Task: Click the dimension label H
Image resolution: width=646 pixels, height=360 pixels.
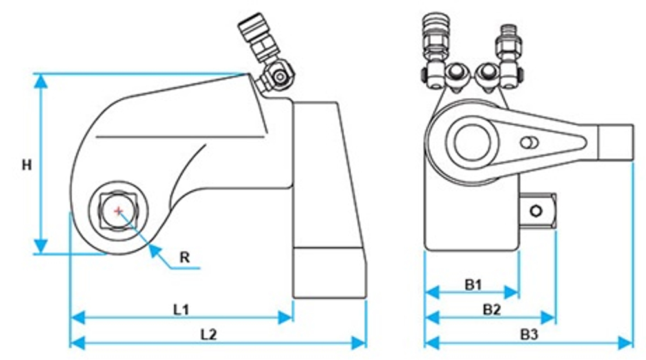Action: tap(26, 165)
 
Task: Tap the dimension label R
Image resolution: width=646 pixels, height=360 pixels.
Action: tap(185, 258)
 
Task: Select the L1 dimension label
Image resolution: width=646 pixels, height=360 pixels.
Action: tap(181, 310)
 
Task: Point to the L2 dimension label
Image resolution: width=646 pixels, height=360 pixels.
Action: tap(209, 334)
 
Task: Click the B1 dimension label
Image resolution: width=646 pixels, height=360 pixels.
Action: tap(473, 284)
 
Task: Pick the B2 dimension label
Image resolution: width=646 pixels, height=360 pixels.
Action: tap(492, 310)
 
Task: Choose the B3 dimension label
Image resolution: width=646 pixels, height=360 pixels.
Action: tap(529, 334)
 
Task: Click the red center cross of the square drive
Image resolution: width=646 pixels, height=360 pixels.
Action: tap(119, 211)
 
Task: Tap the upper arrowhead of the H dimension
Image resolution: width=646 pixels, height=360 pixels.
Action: tap(40, 81)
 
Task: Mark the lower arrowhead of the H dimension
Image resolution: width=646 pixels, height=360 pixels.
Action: tap(40, 246)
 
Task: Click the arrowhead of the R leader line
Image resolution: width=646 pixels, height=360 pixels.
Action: tap(154, 249)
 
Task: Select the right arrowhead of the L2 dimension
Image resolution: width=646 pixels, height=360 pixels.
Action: tap(359, 343)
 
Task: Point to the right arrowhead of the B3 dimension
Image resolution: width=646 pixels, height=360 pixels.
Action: tap(625, 343)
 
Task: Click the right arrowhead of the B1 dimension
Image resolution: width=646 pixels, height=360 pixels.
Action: tap(511, 292)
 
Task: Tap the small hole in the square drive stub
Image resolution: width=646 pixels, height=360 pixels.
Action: tap(536, 211)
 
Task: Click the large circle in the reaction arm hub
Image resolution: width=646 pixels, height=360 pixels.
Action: tap(473, 142)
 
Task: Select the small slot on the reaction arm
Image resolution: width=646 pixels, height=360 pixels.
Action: tap(529, 143)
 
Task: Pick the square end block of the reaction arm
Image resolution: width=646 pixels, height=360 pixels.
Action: tap(616, 142)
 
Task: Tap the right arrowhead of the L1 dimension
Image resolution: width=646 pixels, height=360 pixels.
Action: tap(286, 317)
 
